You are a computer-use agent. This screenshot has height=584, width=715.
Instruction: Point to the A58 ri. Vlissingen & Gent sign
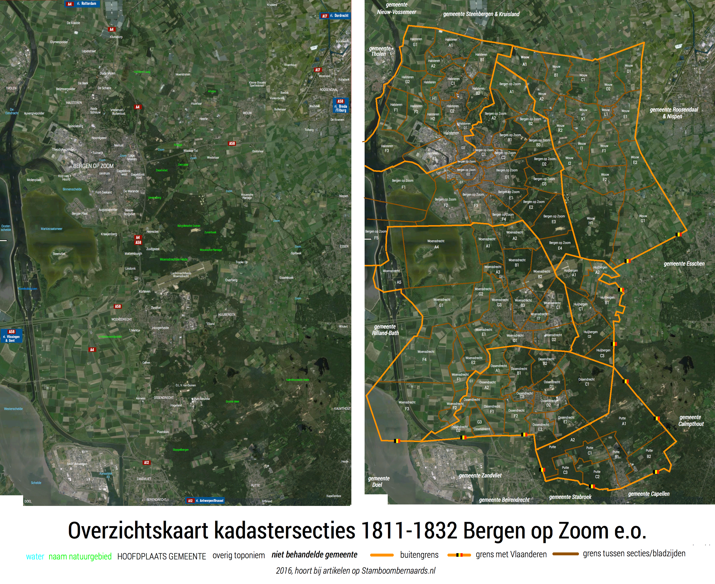pos(11,336)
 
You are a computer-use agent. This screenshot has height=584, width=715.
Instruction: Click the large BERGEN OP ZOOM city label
pos(93,166)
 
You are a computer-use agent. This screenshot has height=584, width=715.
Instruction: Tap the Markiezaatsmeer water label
pos(52,229)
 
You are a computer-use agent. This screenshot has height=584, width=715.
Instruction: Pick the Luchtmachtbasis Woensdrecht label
pos(181,275)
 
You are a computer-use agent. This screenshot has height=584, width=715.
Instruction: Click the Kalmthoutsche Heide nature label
pos(297,380)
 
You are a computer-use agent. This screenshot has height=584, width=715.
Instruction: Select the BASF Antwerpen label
pos(77,464)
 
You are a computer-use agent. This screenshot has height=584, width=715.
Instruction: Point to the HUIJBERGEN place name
pos(227,315)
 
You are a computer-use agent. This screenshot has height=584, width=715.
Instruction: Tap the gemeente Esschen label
pos(684,264)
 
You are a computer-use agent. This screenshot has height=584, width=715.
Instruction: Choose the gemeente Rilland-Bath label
pos(385,330)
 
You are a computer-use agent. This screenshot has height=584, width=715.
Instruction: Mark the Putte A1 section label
pos(623,421)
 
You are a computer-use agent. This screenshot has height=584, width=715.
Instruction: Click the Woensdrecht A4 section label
pos(436,244)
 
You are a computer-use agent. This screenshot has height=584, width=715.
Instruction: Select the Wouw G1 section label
pos(643,218)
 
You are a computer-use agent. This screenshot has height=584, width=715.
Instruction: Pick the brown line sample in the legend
pos(565,554)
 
